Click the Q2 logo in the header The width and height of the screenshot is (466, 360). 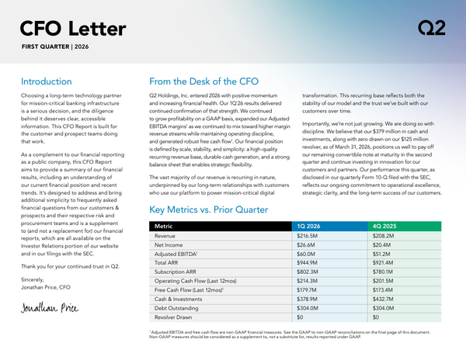[x=431, y=29]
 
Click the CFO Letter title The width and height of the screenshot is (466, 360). [x=73, y=29]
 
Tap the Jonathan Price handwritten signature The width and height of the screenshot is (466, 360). [x=50, y=306]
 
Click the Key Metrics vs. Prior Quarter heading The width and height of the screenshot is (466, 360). [x=220, y=210]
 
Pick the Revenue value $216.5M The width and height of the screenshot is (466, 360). [x=309, y=235]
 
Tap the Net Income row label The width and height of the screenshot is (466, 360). [x=171, y=245]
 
